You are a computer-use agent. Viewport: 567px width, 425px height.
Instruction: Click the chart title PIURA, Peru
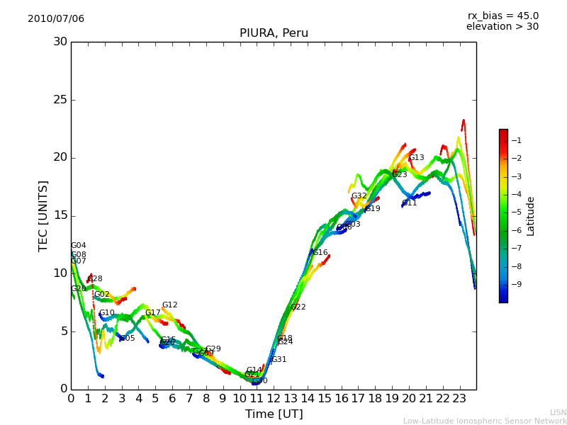pos(274,33)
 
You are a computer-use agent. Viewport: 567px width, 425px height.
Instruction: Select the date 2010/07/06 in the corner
pos(56,19)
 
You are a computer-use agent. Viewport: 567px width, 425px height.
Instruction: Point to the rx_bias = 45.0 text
pos(503,16)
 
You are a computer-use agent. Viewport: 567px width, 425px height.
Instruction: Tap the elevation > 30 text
pos(502,27)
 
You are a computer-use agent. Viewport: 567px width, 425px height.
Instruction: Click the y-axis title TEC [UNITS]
pos(44,215)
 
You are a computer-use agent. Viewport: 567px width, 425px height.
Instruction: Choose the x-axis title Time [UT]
pos(274,414)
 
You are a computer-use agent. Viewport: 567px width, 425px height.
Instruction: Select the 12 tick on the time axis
pos(274,399)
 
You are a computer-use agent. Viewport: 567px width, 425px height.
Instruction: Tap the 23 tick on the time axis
pos(459,399)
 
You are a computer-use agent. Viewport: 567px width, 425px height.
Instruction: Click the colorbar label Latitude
pos(530,215)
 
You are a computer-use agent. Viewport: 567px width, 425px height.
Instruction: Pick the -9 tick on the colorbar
pos(516,284)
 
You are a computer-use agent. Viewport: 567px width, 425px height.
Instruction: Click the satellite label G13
pos(417,158)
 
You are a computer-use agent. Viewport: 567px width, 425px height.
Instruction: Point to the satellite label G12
pos(169,305)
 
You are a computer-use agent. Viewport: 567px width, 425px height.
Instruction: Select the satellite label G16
pos(320,253)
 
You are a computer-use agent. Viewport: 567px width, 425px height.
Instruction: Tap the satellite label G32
pos(359,196)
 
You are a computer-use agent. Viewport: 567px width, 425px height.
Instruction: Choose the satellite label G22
pos(298,307)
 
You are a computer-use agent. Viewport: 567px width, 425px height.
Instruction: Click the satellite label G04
pos(78,246)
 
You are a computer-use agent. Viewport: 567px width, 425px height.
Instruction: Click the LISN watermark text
pos(558,412)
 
